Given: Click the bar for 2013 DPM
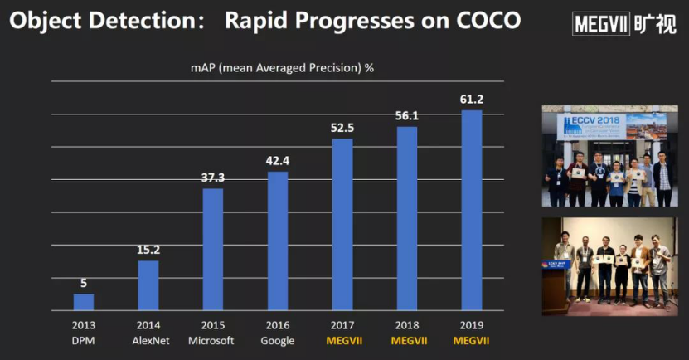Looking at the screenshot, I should [84, 302].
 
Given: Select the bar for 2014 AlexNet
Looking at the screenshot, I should [148, 285].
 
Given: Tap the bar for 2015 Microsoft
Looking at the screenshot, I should [213, 249].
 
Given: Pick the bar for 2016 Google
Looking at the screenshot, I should [278, 241].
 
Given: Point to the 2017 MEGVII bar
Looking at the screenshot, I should [342, 224].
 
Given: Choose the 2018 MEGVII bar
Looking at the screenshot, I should [407, 218].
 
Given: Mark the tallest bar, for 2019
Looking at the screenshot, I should [472, 210].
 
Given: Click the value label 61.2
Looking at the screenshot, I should [472, 100].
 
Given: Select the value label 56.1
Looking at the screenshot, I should [407, 116].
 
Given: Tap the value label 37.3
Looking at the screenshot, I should [213, 178].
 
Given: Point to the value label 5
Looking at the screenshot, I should [84, 283].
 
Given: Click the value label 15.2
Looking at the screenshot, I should [148, 250].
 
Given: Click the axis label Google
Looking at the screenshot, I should [278, 341].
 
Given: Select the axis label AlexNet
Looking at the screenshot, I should [148, 341].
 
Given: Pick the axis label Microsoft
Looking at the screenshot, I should [213, 341].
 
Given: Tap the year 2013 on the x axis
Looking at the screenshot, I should [84, 325].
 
